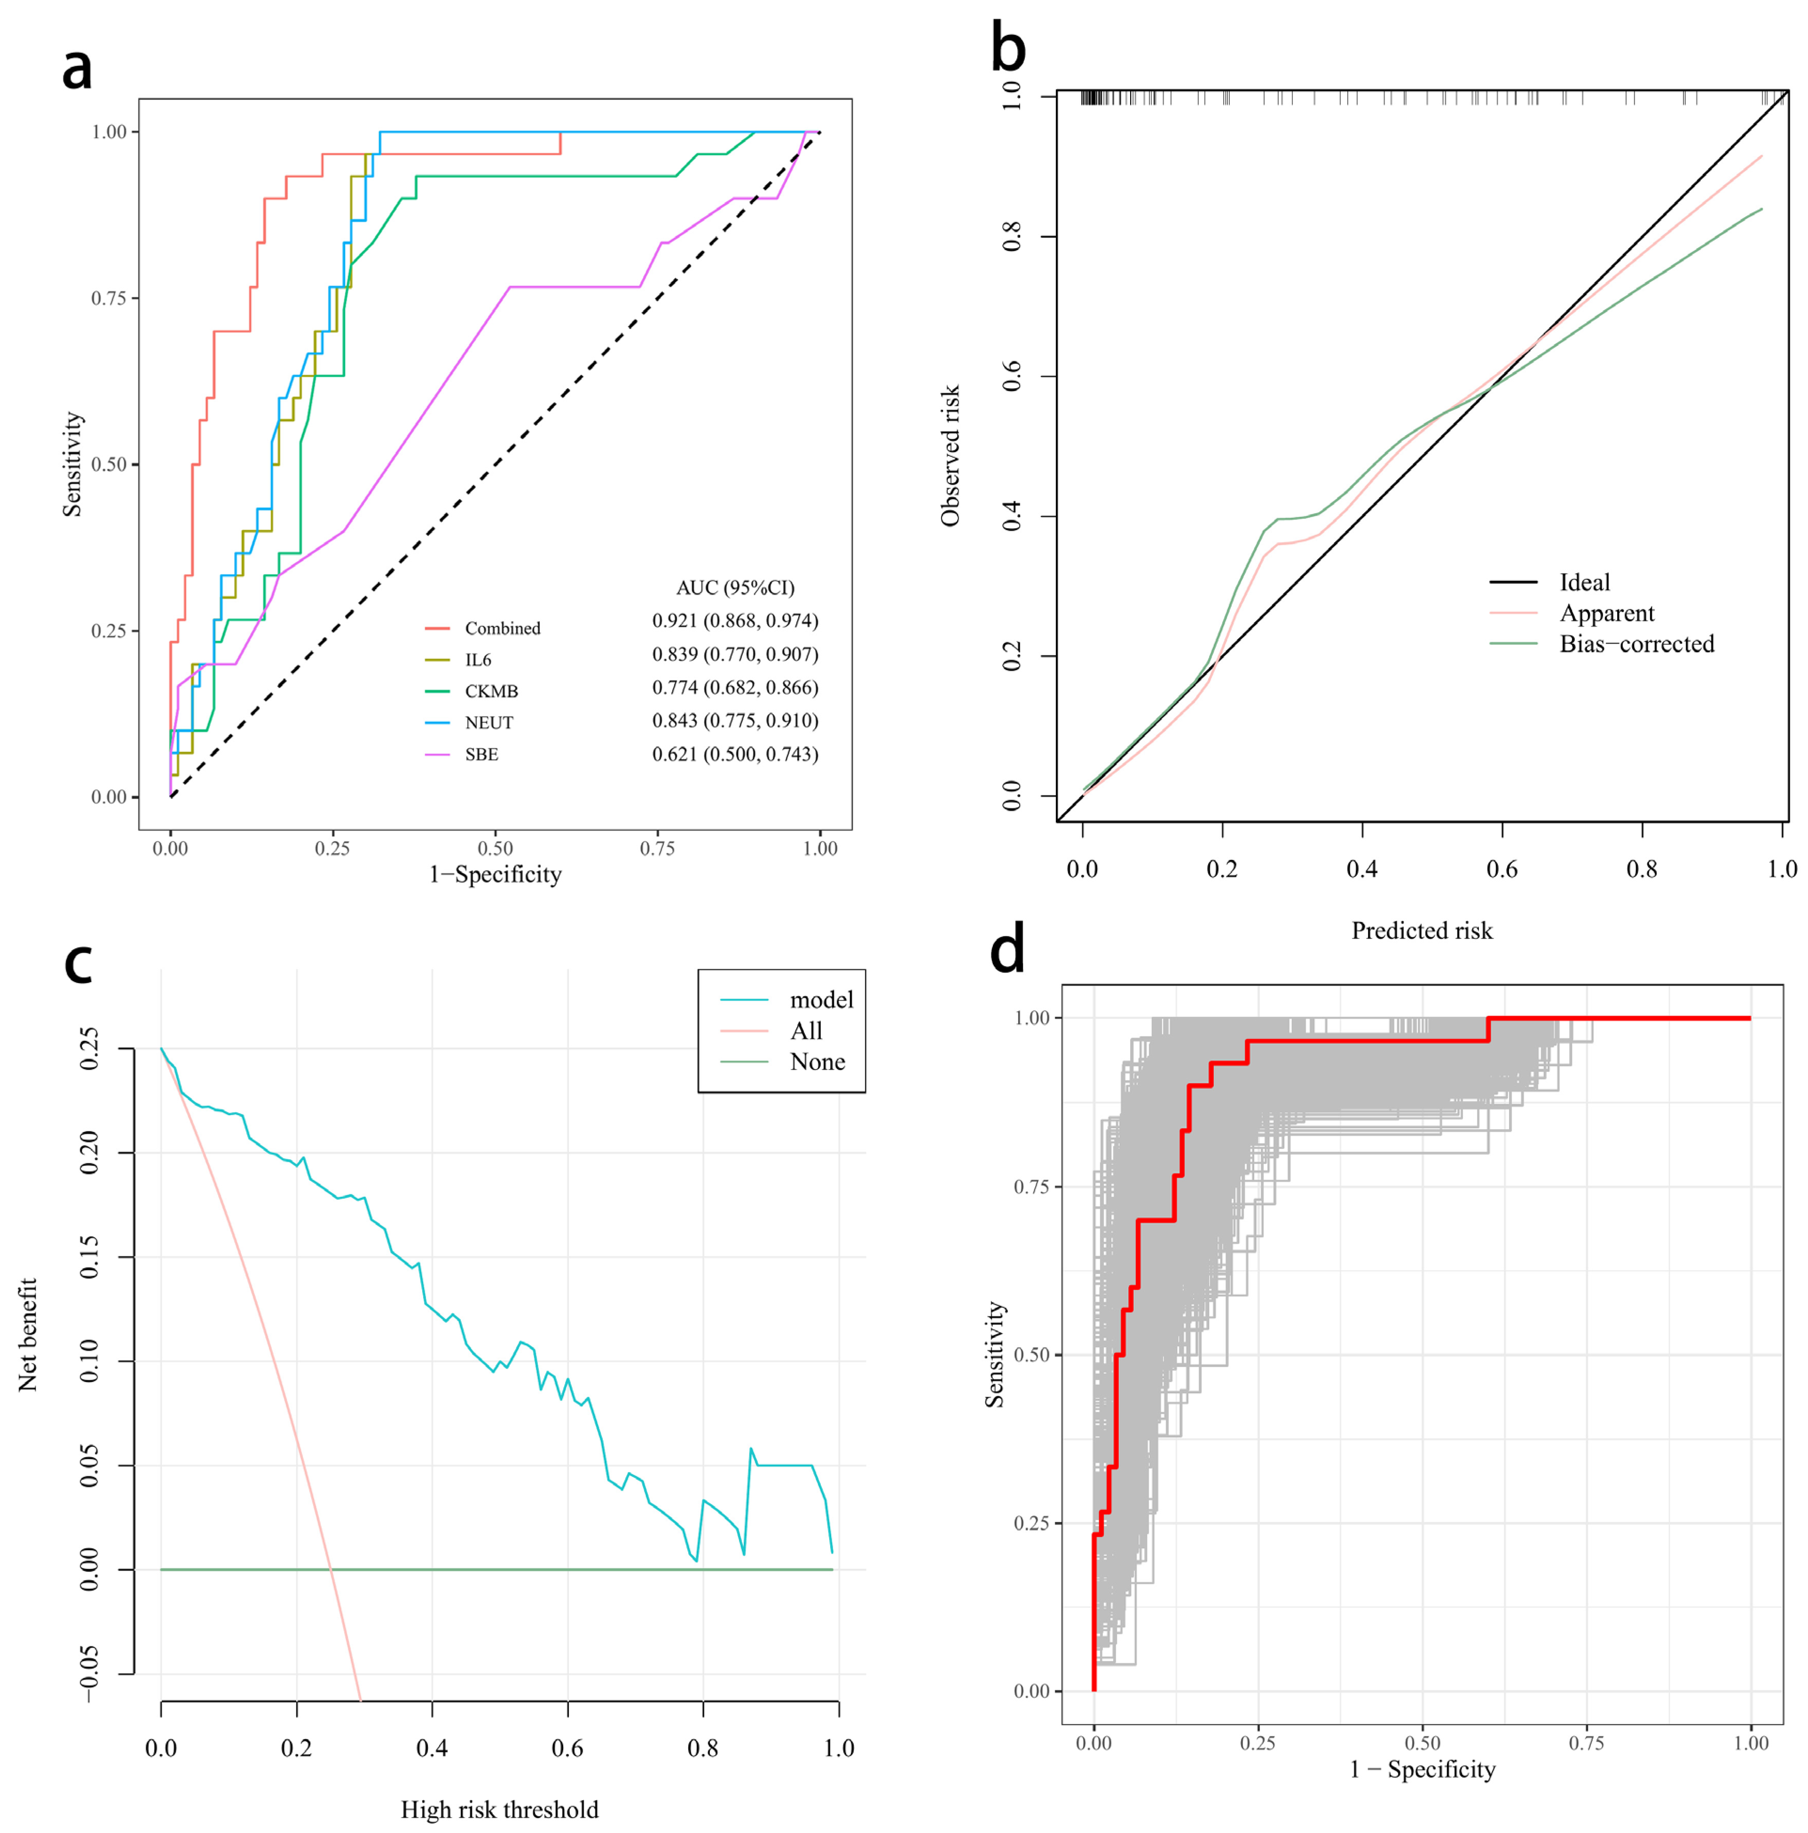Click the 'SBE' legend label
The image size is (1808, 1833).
(x=481, y=754)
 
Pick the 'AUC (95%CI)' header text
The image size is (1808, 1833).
(x=735, y=587)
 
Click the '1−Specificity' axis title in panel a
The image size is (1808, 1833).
(x=495, y=874)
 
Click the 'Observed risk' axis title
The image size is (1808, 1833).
(x=949, y=455)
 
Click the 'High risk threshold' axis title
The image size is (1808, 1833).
(x=499, y=1810)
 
